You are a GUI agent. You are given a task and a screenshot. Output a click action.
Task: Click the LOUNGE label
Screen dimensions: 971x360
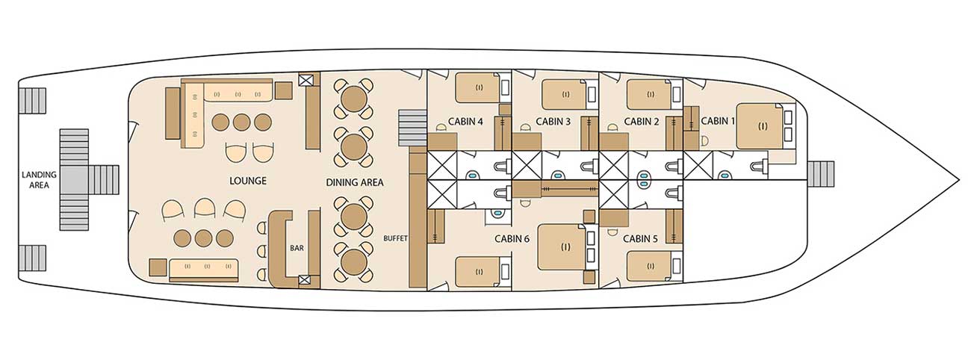pyautogui.click(x=247, y=181)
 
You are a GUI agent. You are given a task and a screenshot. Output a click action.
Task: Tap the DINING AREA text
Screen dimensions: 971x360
pyautogui.click(x=355, y=182)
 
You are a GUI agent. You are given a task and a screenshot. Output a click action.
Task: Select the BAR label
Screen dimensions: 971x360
pyautogui.click(x=297, y=248)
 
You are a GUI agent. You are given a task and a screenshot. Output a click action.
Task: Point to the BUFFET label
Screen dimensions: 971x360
pyautogui.click(x=395, y=238)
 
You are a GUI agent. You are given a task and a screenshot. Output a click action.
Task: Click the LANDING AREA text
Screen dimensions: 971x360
pyautogui.click(x=40, y=180)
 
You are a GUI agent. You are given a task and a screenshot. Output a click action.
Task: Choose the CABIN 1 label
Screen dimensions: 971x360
pyautogui.click(x=718, y=121)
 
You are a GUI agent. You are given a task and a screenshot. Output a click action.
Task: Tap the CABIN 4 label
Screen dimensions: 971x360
pyautogui.click(x=465, y=122)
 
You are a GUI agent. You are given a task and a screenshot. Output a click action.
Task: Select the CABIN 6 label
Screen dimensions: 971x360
pyautogui.click(x=512, y=239)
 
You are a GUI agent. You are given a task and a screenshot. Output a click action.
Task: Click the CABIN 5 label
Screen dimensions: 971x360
pyautogui.click(x=640, y=239)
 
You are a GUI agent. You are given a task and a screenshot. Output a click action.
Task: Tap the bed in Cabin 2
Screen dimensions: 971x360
pyautogui.click(x=649, y=94)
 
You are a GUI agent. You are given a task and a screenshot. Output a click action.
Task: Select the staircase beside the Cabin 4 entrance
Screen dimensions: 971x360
pyautogui.click(x=412, y=128)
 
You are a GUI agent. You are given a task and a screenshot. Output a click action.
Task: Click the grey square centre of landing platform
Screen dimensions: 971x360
pyautogui.click(x=74, y=179)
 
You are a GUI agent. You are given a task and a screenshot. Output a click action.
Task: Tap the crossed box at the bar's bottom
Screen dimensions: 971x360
pyautogui.click(x=305, y=280)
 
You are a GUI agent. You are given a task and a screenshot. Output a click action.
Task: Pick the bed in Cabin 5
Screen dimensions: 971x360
pyautogui.click(x=649, y=267)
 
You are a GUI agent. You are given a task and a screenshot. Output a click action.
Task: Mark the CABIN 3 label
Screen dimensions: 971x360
pyautogui.click(x=553, y=122)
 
